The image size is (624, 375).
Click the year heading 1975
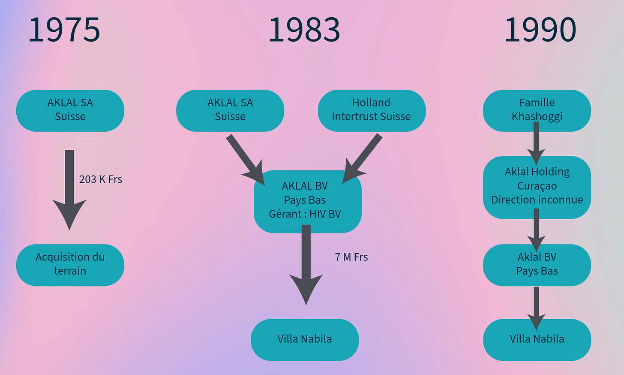coord(64,30)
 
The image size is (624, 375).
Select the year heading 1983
coord(304,30)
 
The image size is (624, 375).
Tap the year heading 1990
coord(540,30)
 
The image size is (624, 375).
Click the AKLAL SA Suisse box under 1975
coord(70,110)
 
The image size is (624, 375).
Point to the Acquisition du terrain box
coord(70,265)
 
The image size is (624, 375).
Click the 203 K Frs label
coord(101,179)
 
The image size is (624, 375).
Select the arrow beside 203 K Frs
coord(69,189)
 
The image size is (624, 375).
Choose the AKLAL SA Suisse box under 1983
coord(230,110)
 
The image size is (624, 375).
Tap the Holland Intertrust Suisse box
coord(372,110)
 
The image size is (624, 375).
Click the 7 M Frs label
coord(351,257)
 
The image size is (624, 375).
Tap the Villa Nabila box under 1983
coord(305,339)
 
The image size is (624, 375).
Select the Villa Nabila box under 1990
coord(537,339)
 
